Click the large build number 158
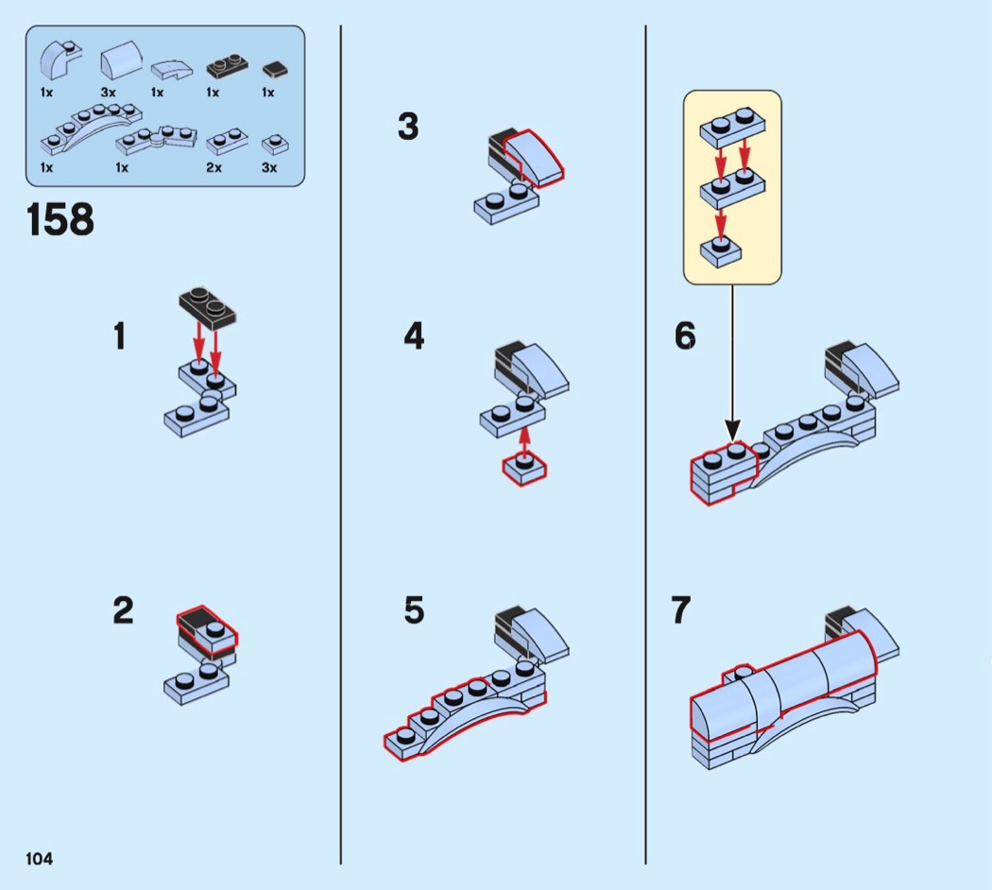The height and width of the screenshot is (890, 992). pyautogui.click(x=60, y=219)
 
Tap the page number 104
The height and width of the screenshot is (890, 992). pyautogui.click(x=40, y=859)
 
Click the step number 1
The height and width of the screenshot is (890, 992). pyautogui.click(x=120, y=336)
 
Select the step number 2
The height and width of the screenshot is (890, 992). pyautogui.click(x=123, y=610)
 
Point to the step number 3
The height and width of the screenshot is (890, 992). pyautogui.click(x=408, y=126)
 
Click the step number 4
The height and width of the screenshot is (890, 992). pyautogui.click(x=414, y=336)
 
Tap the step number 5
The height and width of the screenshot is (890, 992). pyautogui.click(x=414, y=610)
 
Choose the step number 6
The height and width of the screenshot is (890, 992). pyautogui.click(x=685, y=336)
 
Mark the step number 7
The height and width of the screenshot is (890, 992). pyautogui.click(x=681, y=610)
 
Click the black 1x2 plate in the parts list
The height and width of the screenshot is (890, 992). pyautogui.click(x=227, y=67)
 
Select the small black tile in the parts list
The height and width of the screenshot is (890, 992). pyautogui.click(x=275, y=69)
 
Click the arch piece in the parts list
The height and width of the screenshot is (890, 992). pyautogui.click(x=91, y=129)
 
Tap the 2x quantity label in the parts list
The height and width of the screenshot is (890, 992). pyautogui.click(x=214, y=167)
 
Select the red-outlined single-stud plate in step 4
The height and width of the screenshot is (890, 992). pyautogui.click(x=524, y=470)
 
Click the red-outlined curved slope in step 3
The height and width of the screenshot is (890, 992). pyautogui.click(x=534, y=159)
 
